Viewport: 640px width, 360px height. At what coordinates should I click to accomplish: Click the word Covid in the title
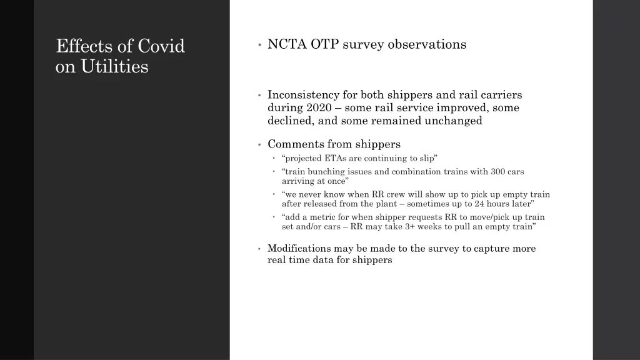pyautogui.click(x=161, y=46)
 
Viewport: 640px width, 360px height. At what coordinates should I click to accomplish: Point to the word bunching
pyautogui.click(x=326, y=171)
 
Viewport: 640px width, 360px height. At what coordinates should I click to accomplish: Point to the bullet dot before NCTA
pyautogui.click(x=259, y=45)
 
